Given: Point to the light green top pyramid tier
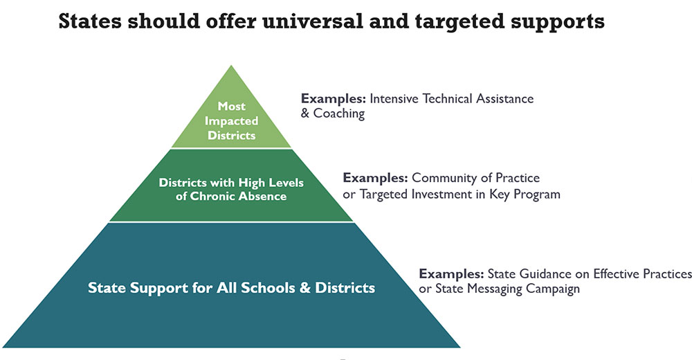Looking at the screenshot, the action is [231, 119].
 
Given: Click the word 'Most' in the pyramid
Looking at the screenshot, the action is [232, 106].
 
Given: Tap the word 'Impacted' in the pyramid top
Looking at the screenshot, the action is [231, 121].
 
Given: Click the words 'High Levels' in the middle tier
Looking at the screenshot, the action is [271, 183].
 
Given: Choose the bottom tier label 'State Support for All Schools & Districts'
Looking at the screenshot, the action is [231, 288].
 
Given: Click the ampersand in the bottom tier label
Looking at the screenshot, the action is [305, 288].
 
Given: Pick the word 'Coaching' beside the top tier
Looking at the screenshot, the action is [339, 114].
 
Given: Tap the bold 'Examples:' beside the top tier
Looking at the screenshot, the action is [334, 98].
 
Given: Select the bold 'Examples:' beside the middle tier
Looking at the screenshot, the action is [376, 178].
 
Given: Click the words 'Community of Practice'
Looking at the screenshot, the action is [476, 178].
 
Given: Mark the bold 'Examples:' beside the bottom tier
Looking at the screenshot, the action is [451, 274].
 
